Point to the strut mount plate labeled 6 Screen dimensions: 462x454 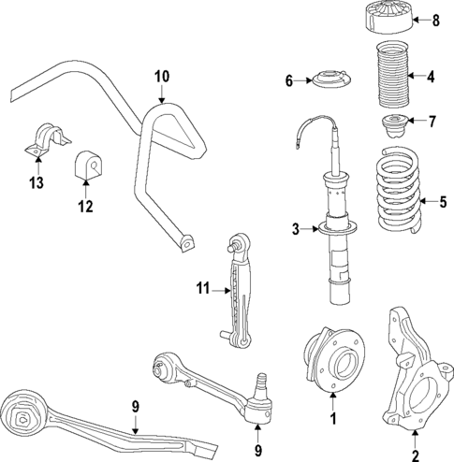click(332, 82)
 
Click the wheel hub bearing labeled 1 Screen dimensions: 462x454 click(330, 361)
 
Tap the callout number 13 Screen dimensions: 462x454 click(37, 181)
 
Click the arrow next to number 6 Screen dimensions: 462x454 click(306, 81)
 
